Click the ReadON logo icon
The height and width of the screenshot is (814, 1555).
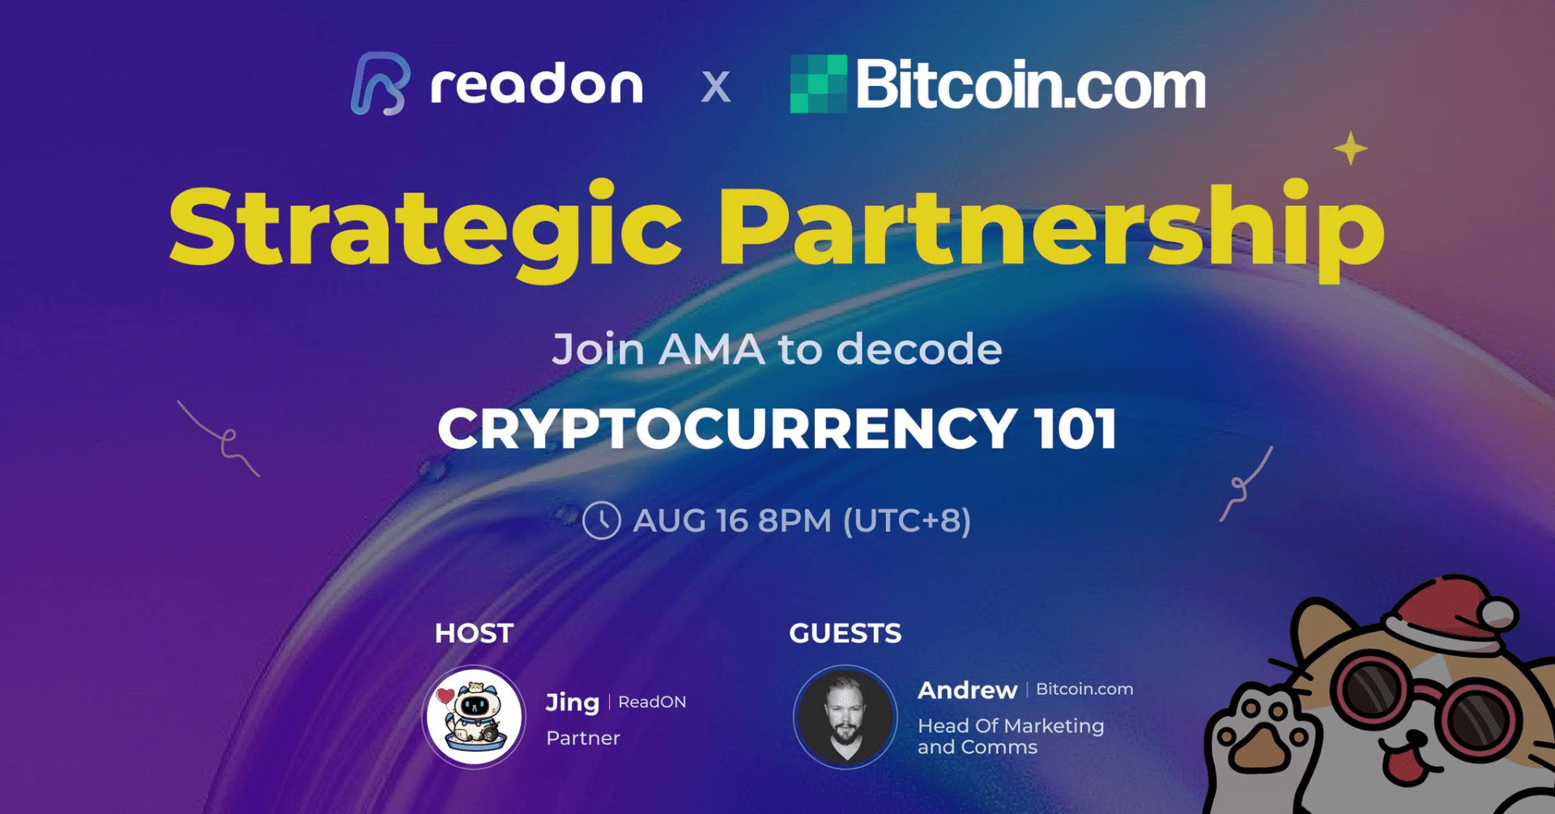pos(379,83)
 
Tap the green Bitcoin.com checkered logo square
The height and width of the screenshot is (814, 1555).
pos(818,83)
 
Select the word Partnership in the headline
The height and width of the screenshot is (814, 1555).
pos(1051,229)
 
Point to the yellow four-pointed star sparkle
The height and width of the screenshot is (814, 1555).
pos(1350,148)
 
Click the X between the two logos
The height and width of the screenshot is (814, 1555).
pos(715,87)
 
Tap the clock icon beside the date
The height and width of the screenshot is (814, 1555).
pos(602,520)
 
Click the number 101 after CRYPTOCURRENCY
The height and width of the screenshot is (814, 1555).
pos(1076,428)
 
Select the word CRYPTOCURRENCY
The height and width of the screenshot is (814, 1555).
pos(727,428)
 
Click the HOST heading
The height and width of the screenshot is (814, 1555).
pos(474,633)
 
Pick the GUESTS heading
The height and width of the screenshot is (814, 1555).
pos(845,633)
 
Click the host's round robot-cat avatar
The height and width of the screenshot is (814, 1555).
pos(475,717)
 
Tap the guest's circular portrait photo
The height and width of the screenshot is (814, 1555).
pos(846,717)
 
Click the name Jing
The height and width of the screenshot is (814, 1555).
pos(572,702)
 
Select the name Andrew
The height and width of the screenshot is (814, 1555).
pos(967,690)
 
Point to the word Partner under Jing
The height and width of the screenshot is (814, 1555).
pos(583,738)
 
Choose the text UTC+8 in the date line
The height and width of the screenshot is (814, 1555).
pos(907,521)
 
